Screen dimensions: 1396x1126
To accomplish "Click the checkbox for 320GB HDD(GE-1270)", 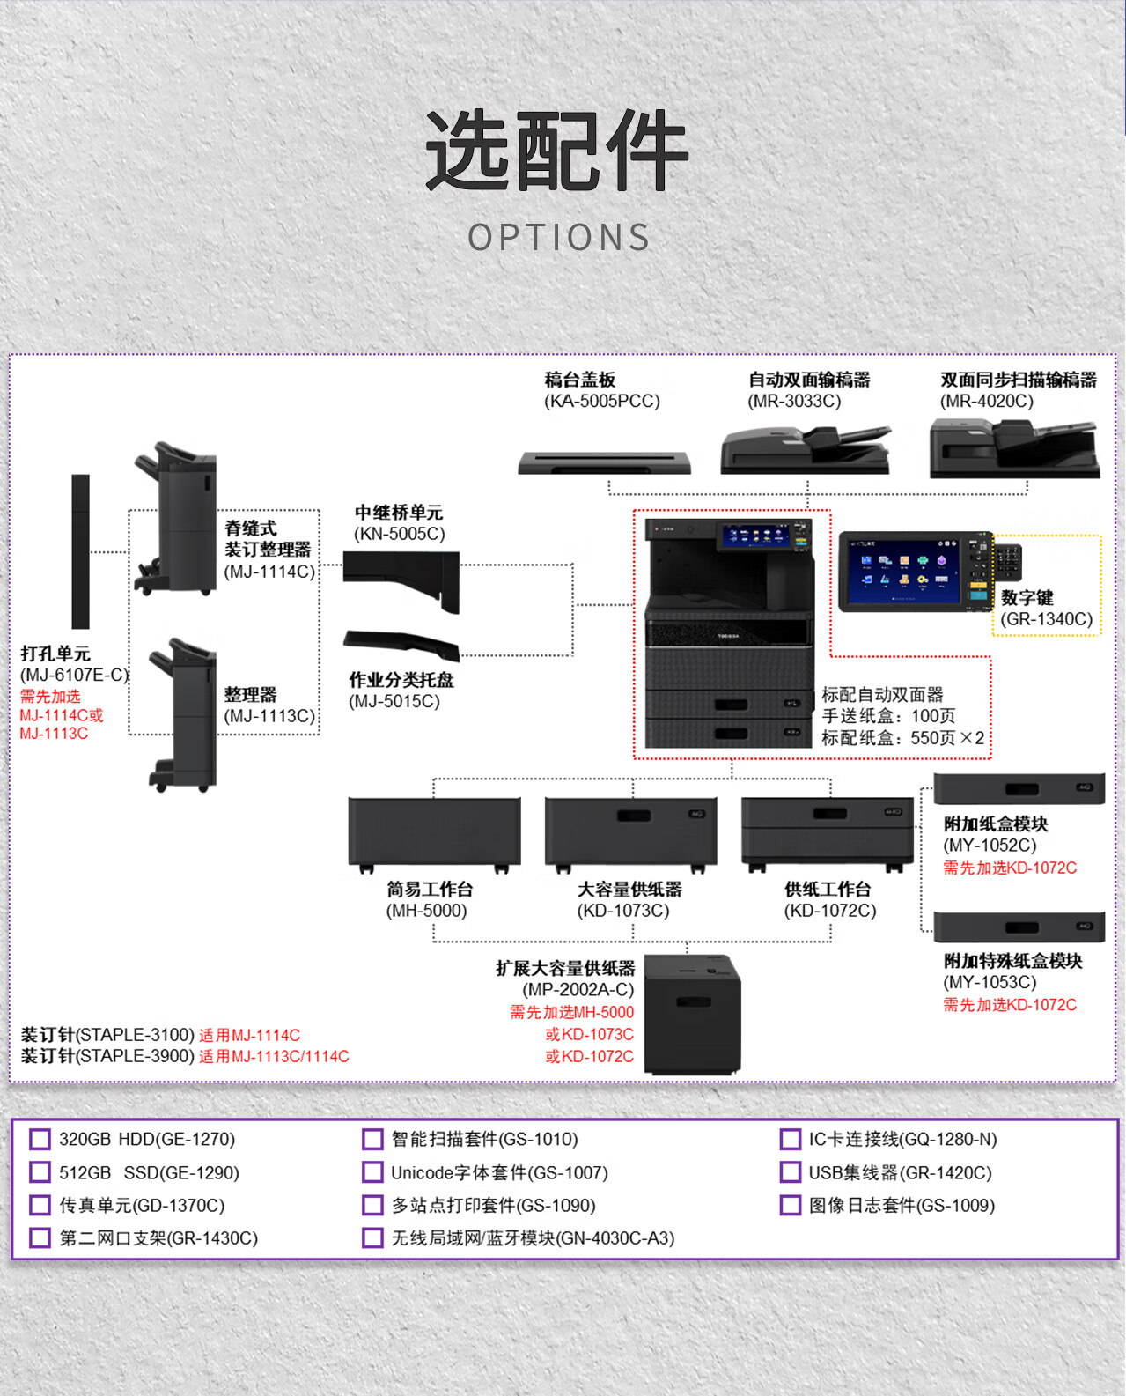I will pyautogui.click(x=40, y=1140).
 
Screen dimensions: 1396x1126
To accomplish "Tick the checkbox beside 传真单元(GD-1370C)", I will pyautogui.click(x=40, y=1206).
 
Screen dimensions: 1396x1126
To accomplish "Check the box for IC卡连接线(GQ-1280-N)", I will pyautogui.click(x=790, y=1140).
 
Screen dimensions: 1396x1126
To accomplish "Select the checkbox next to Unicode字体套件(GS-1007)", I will pyautogui.click(x=372, y=1172).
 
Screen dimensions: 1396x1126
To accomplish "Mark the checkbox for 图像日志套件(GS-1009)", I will pyautogui.click(x=790, y=1206).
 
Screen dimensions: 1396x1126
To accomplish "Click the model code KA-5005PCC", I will pyautogui.click(x=602, y=402).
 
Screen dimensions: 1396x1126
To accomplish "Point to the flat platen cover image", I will pyautogui.click(x=604, y=462).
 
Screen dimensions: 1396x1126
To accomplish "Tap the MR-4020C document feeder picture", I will pyautogui.click(x=1014, y=448).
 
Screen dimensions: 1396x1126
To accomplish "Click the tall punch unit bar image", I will pyautogui.click(x=80, y=551).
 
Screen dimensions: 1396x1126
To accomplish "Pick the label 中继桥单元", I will pyautogui.click(x=398, y=513).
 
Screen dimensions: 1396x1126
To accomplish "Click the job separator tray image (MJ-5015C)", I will pyautogui.click(x=402, y=643).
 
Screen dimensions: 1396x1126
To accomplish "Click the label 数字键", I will pyautogui.click(x=1027, y=598).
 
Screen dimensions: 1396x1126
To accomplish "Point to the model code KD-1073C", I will pyautogui.click(x=623, y=911).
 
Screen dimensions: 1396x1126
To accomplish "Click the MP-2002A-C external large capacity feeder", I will pyautogui.click(x=692, y=1014).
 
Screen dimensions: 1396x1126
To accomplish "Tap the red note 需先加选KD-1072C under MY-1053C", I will pyautogui.click(x=1010, y=1005).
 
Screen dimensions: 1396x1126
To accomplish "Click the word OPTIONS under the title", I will pyautogui.click(x=559, y=238).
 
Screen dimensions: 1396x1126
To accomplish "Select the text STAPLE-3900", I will pyautogui.click(x=135, y=1056).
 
